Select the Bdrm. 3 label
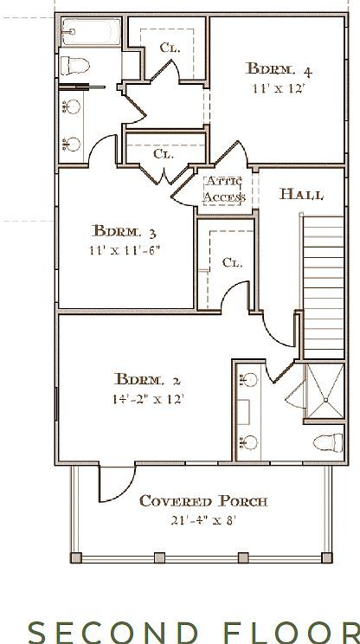(125, 231)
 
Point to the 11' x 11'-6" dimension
(125, 250)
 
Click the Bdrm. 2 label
(147, 378)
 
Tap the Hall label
(301, 195)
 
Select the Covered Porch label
(203, 500)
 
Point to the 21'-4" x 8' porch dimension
(203, 520)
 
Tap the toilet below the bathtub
(74, 64)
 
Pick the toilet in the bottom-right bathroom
(326, 442)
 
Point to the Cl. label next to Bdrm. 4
(170, 48)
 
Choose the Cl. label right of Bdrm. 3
(231, 262)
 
